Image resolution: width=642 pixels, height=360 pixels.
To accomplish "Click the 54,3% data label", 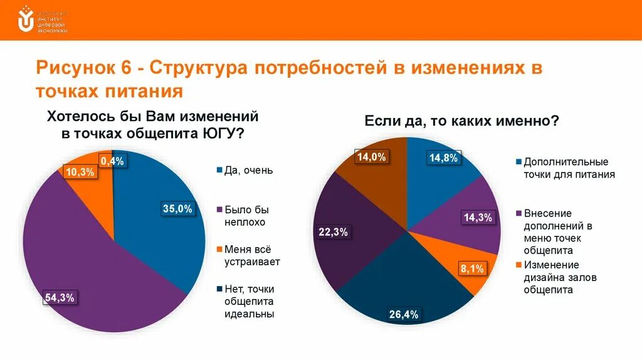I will (x=60, y=298).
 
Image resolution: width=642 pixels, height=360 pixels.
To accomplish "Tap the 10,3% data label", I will (x=80, y=172).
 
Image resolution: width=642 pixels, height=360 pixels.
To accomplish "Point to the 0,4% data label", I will (x=112, y=161).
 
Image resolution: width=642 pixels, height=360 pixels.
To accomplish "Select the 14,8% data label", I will (x=443, y=158).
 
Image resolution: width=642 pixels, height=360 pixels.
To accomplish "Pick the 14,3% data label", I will (x=478, y=218).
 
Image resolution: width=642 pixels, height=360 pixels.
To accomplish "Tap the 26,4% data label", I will (x=403, y=314).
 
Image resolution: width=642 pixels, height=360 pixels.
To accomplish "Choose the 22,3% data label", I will (x=334, y=232).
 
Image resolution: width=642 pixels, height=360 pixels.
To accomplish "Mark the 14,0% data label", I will (x=371, y=157).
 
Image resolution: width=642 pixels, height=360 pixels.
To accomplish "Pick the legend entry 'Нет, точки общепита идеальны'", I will (x=250, y=301).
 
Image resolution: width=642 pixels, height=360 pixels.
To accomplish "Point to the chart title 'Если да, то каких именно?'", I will (x=461, y=121).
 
